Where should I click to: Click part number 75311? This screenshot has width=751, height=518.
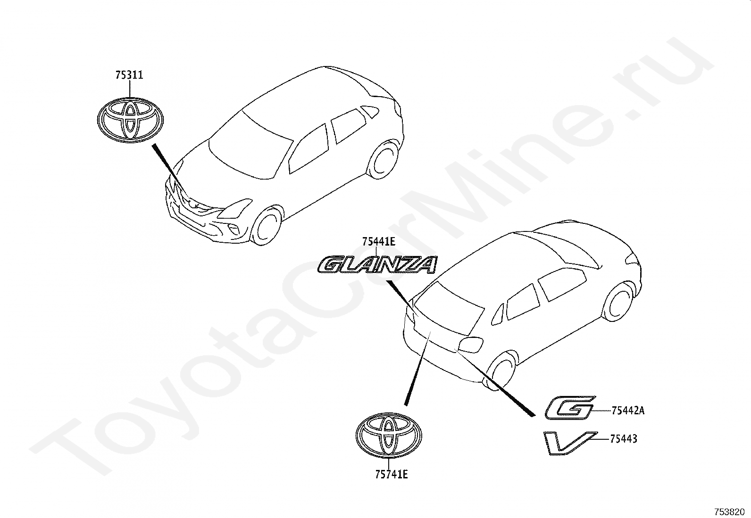[x=129, y=75]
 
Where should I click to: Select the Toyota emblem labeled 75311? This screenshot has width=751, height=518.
[x=130, y=120]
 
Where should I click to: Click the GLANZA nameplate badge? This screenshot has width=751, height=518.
[x=377, y=265]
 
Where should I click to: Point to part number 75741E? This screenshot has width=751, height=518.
[x=391, y=474]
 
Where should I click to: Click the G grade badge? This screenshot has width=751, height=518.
[x=570, y=407]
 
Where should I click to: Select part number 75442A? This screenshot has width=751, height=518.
[x=627, y=411]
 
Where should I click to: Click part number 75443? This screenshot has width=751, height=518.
[x=624, y=439]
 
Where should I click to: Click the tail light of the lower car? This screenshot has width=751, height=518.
[x=470, y=345]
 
